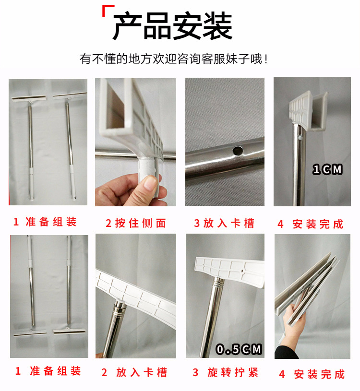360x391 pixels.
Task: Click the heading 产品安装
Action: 172,26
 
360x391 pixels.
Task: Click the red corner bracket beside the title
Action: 108,11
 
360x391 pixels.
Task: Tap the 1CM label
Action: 327,169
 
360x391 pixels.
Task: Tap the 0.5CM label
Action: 239,349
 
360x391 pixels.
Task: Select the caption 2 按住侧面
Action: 135,223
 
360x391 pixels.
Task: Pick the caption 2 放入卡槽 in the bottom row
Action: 135,373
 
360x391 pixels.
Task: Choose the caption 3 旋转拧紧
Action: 225,373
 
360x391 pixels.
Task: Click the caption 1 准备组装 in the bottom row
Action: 48,371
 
